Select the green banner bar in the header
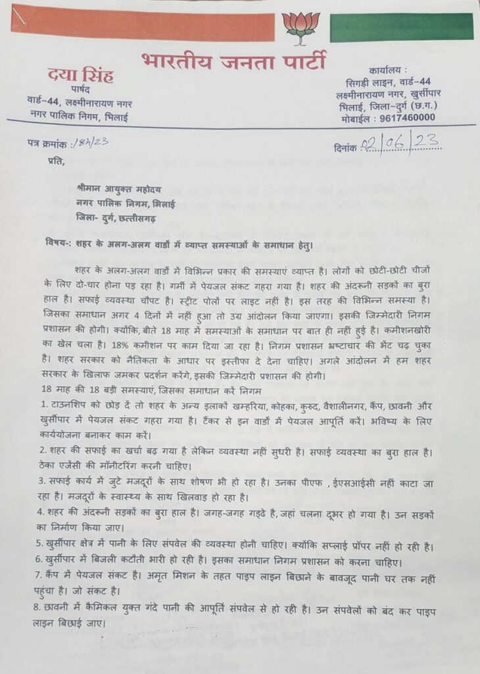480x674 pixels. coord(401,27)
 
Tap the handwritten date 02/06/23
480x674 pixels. coord(402,142)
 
